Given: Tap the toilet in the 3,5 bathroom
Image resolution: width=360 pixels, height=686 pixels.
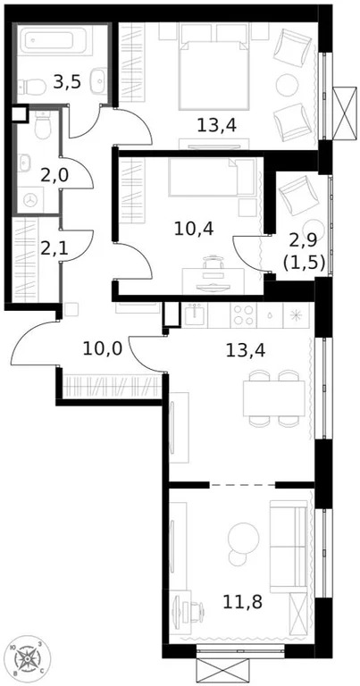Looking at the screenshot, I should (x=32, y=87).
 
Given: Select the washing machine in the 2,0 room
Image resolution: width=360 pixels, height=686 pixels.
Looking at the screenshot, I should (x=34, y=201).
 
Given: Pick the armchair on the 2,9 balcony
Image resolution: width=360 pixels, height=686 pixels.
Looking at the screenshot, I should (x=296, y=195).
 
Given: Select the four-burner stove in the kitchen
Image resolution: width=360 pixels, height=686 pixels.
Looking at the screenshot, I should (x=243, y=315).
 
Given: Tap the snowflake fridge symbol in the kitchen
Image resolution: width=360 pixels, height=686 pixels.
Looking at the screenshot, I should (x=297, y=315).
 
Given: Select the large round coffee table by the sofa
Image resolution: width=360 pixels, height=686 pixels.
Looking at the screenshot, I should (x=243, y=536).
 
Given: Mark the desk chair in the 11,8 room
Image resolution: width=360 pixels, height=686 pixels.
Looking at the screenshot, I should (x=186, y=609).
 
